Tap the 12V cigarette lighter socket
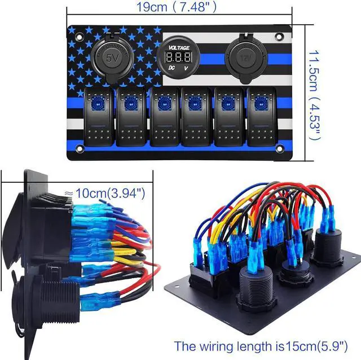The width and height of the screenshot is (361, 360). tap(244, 56)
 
